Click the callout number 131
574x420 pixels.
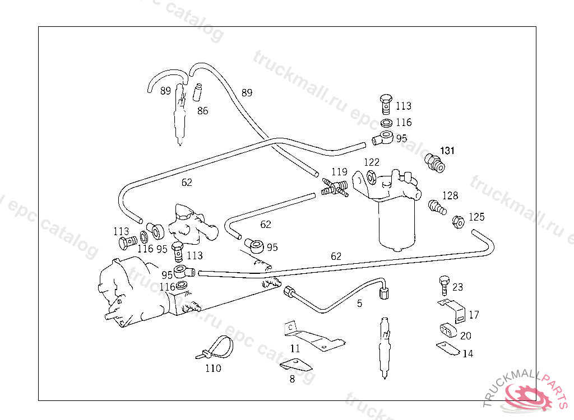447,151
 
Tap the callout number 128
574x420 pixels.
450,195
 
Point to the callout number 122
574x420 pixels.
372,162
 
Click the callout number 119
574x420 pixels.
339,172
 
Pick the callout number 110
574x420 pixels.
213,368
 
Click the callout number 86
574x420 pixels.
202,110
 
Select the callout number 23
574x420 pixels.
457,287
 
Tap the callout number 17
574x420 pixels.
474,315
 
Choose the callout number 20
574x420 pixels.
466,335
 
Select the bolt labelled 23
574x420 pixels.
444,284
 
